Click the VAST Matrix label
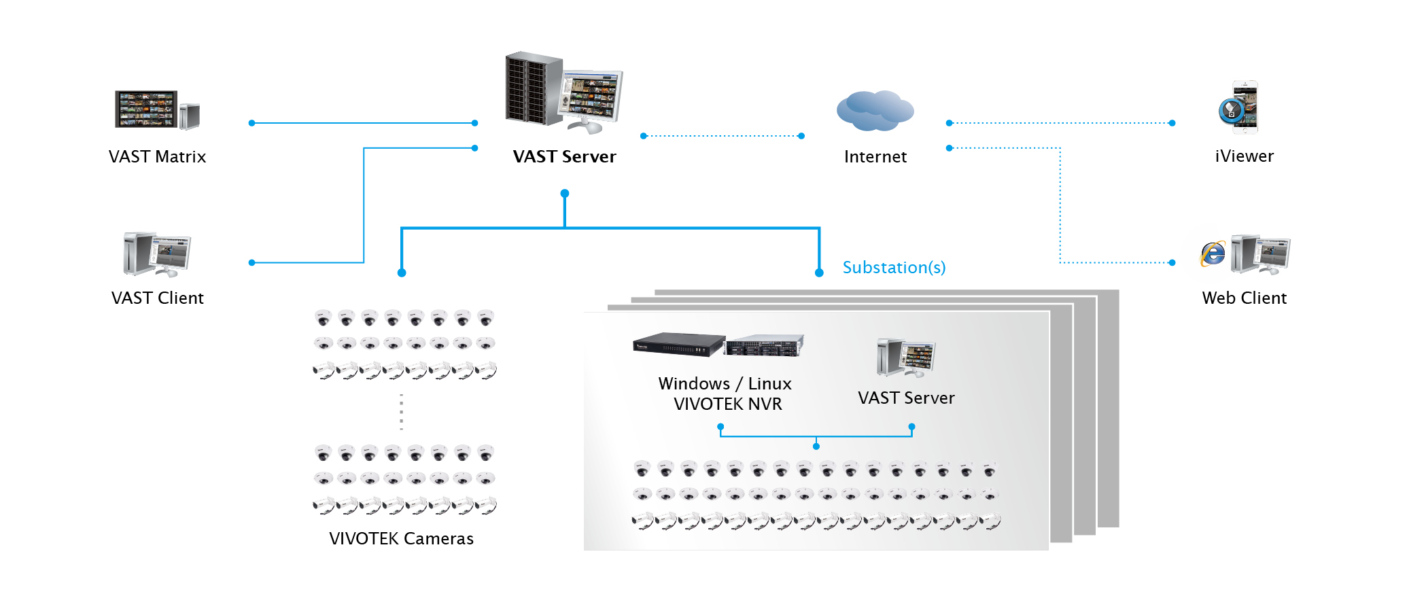click(157, 157)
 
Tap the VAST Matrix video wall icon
click(146, 109)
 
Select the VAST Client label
click(157, 298)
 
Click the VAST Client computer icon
click(156, 254)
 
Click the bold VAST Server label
click(564, 157)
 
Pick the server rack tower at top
click(534, 88)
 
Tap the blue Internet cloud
click(875, 110)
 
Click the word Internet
click(875, 157)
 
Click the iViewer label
click(1244, 156)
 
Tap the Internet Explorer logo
click(1213, 254)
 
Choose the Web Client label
click(1244, 298)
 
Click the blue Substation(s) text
click(894, 268)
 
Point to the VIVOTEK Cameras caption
click(401, 539)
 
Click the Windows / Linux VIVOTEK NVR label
click(725, 394)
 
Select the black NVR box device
click(678, 345)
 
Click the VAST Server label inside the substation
click(906, 398)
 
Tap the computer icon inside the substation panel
click(906, 357)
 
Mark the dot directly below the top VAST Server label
click(565, 194)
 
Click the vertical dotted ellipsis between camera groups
click(402, 412)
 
